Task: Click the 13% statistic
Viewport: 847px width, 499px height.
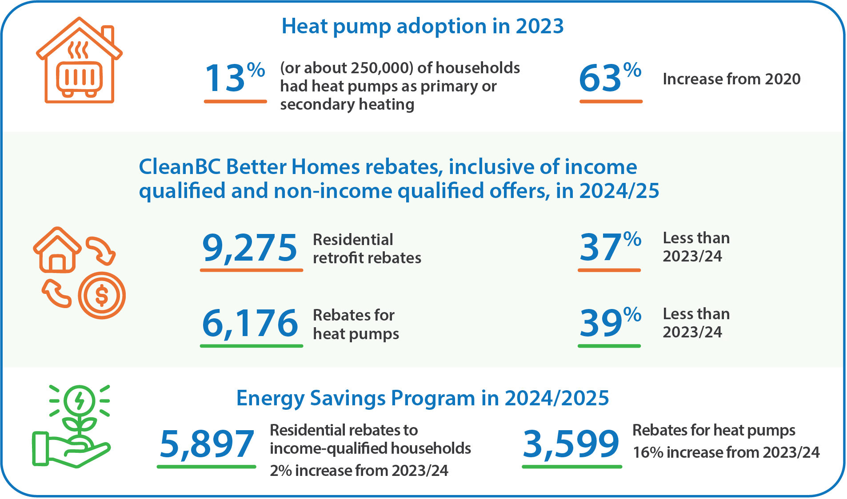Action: coord(234,78)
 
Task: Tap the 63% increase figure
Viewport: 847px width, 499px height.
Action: coord(610,78)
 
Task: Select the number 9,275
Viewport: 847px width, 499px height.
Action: coord(250,247)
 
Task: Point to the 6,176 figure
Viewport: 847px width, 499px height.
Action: coord(250,323)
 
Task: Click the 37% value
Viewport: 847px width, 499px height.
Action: coord(610,247)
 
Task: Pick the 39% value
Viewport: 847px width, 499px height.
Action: coord(610,323)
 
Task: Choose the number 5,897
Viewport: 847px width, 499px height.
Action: coord(207,444)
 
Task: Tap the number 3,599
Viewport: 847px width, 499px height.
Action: coord(571,444)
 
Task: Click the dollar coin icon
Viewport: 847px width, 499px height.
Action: coord(102,296)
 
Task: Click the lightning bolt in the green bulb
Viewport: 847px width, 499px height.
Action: coord(80,400)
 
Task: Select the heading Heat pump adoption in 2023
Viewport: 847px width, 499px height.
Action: coord(423,26)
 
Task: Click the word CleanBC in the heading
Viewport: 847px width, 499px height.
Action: coord(180,167)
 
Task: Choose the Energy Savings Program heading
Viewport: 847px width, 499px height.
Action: coord(422,398)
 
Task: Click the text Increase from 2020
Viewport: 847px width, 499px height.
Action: coord(731,79)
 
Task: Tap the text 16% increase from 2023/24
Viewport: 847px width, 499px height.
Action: coord(726,452)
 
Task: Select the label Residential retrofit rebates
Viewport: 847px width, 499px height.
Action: coord(367,249)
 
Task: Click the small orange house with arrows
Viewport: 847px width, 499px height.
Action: coord(57,251)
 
